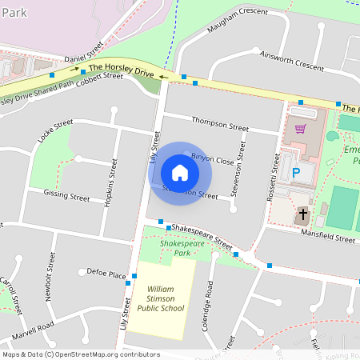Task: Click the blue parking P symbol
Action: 296,172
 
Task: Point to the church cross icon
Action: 302,216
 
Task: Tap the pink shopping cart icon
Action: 301,128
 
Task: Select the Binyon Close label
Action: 212,159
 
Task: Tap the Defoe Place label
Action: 106,273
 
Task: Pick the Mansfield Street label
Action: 328,238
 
